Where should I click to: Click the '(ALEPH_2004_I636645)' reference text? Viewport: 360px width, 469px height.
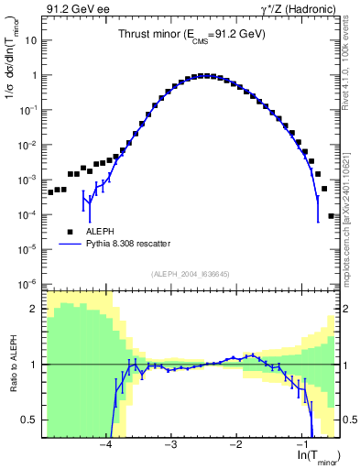[191, 275]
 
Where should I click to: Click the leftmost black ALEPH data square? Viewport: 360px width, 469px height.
[49, 193]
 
